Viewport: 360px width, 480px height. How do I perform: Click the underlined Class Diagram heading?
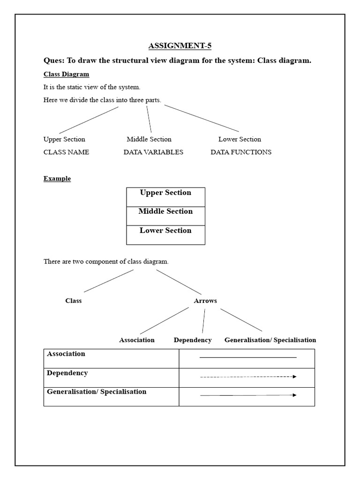click(x=66, y=74)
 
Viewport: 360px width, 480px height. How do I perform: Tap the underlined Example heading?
click(x=57, y=179)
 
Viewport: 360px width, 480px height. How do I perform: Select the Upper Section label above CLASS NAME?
click(x=64, y=139)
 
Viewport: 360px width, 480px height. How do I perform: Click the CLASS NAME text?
click(x=66, y=152)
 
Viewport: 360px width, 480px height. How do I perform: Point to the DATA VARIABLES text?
click(x=153, y=152)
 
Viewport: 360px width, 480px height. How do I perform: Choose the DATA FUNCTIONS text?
click(x=240, y=152)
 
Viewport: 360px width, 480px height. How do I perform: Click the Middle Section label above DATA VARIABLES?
click(x=149, y=139)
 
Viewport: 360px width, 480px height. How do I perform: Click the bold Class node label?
click(x=73, y=301)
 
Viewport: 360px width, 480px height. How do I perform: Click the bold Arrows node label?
click(x=205, y=301)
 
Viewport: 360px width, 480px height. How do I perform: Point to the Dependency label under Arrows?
click(x=192, y=340)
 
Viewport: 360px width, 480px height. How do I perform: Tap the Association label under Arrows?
click(x=137, y=340)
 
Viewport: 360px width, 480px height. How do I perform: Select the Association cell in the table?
click(x=111, y=358)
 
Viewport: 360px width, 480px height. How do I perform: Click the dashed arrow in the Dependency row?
click(x=248, y=376)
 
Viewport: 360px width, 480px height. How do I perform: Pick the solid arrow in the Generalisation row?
click(x=248, y=395)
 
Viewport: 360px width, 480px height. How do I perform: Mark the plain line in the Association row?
click(x=248, y=358)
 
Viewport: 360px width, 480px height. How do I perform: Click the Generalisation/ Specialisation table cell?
click(x=111, y=396)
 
